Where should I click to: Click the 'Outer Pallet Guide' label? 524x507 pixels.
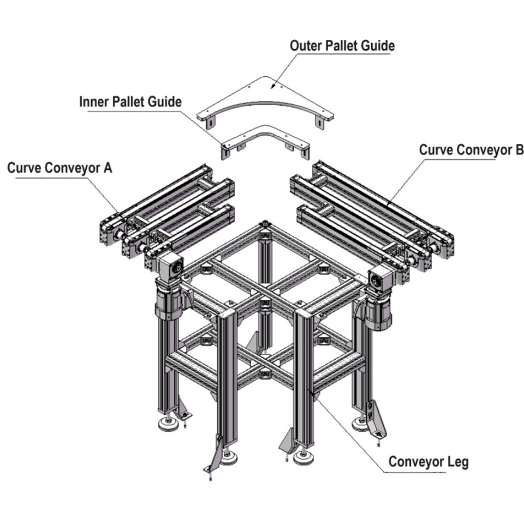pos(342,46)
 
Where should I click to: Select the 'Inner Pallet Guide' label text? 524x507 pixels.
pos(130,102)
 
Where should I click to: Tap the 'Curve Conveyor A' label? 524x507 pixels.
pos(59,168)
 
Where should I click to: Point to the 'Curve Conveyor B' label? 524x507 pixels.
pos(471,149)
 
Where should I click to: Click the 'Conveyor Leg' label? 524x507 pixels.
pos(428,462)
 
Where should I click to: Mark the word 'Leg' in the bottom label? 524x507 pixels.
pos(457,462)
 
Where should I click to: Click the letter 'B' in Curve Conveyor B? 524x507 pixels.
pos(519,149)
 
